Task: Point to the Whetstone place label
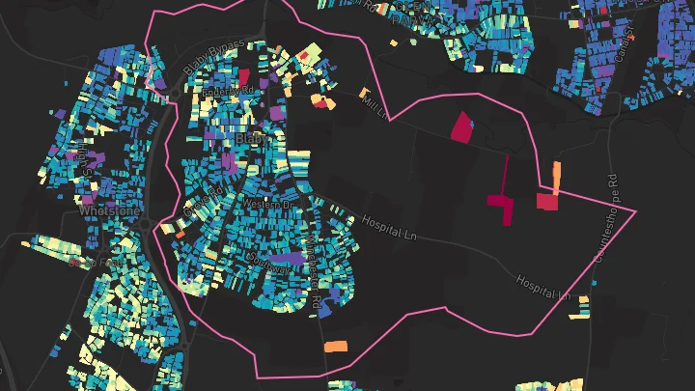[x=110, y=209]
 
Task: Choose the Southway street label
[x=264, y=258]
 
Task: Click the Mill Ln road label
[x=375, y=108]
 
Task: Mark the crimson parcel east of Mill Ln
[x=463, y=127]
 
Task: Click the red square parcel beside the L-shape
[x=547, y=201]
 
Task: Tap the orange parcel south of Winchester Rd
[x=335, y=346]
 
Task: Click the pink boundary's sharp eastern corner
[x=636, y=210]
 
